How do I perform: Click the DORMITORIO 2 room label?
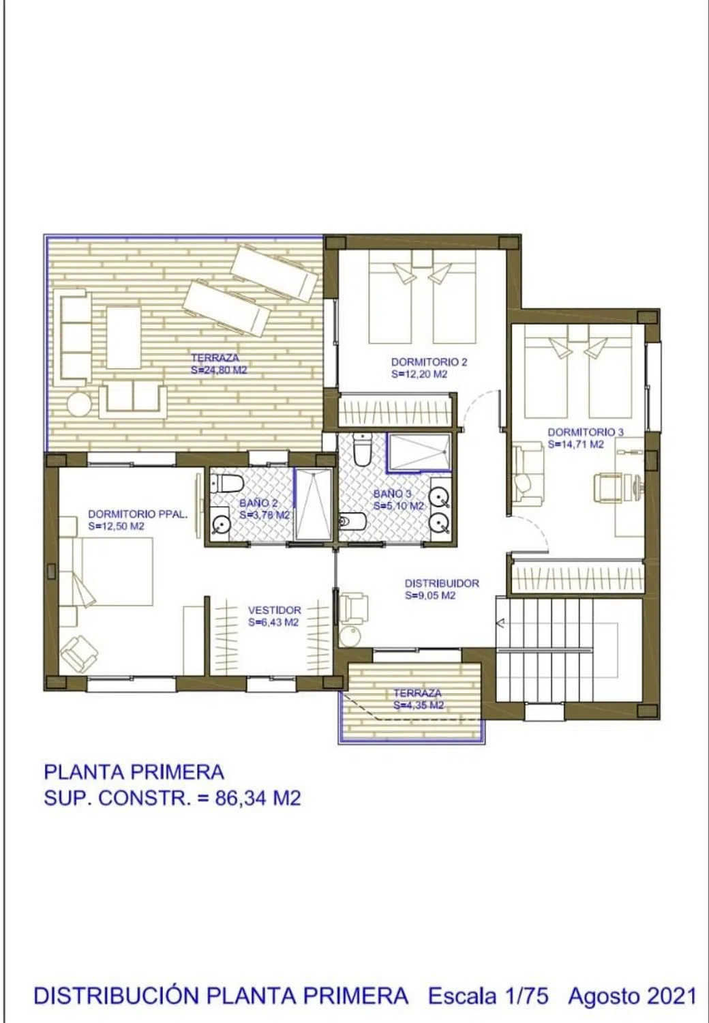coord(429,362)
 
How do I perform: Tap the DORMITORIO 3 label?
coord(586,432)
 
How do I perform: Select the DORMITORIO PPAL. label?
coord(138,514)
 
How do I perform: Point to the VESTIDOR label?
coord(274,610)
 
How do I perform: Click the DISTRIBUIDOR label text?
coord(442,583)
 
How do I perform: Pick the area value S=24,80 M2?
coord(219,370)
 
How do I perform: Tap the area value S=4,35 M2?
coord(419,705)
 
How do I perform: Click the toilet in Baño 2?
coord(224,483)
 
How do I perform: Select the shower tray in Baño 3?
coord(419,451)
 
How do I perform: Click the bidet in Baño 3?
coord(352,521)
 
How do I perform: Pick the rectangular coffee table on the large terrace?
coord(123,338)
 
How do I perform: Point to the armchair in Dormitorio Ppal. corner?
coord(79,655)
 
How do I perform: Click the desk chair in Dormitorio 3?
coord(607,488)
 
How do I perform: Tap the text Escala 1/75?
coord(487,996)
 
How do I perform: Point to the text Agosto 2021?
coord(633,996)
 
